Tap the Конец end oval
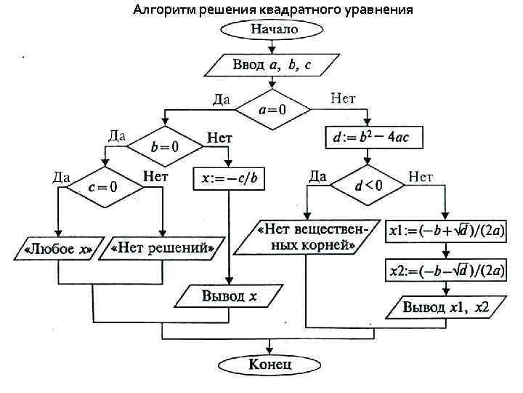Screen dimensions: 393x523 pyautogui.click(x=270, y=363)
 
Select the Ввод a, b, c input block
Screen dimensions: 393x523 pyautogui.click(x=272, y=65)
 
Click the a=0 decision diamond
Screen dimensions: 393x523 pyautogui.click(x=272, y=110)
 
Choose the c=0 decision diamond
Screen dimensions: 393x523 pyautogui.click(x=103, y=186)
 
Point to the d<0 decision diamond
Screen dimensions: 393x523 pyautogui.click(x=368, y=185)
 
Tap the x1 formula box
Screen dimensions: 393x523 pyautogui.click(x=448, y=231)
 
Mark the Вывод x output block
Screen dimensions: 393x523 pyautogui.click(x=229, y=295)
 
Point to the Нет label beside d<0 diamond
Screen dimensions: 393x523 pyautogui.click(x=421, y=175)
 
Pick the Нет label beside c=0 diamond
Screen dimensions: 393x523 pyautogui.click(x=155, y=176)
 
